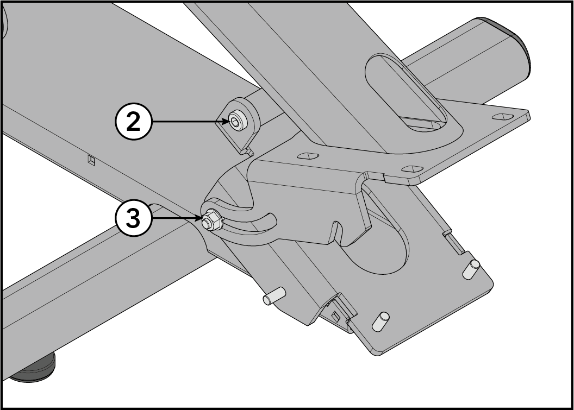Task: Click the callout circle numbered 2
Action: [x=133, y=122]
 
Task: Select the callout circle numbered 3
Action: [x=133, y=218]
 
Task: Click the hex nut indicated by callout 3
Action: [x=210, y=220]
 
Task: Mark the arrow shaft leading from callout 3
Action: [x=178, y=218]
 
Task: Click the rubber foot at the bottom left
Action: [x=33, y=369]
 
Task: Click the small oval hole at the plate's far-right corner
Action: [x=503, y=117]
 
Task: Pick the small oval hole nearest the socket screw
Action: [x=308, y=156]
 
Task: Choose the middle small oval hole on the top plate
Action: [x=412, y=169]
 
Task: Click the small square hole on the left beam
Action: [x=91, y=160]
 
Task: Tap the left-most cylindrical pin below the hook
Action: [x=274, y=296]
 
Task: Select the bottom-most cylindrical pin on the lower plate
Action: [x=380, y=321]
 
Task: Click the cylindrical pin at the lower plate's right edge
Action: [x=471, y=269]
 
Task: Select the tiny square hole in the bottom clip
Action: [x=335, y=316]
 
